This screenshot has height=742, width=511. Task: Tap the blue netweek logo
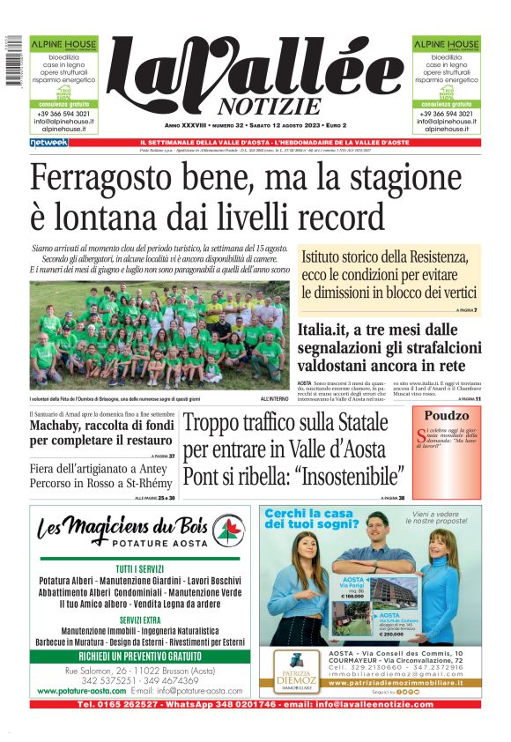[49, 142]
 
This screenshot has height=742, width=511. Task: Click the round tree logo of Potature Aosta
[228, 530]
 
